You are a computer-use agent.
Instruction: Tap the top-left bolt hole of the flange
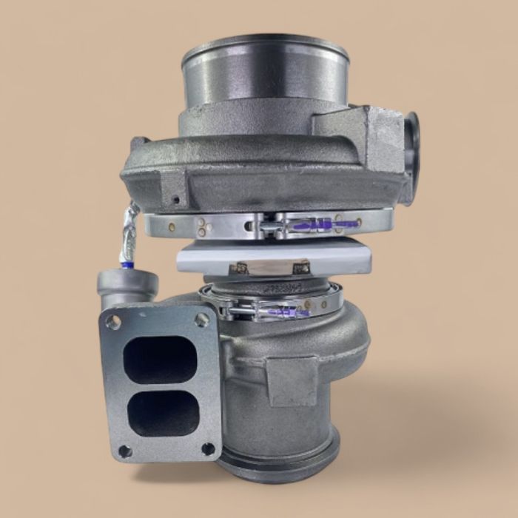(x=113, y=322)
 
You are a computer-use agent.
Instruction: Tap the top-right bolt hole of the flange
(x=201, y=319)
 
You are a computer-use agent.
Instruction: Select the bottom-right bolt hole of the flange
(x=209, y=448)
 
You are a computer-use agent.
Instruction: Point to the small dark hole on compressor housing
(x=175, y=199)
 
